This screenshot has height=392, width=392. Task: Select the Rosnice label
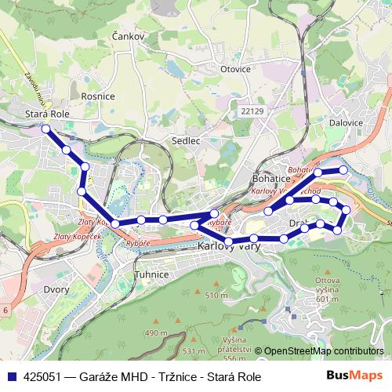coord(98,96)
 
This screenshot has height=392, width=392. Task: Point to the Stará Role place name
coord(48,114)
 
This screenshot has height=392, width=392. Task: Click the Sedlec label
coord(186,141)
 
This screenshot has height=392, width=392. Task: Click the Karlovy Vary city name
coord(227,246)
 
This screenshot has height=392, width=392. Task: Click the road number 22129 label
coord(252,112)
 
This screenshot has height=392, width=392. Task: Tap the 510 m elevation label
coord(216,295)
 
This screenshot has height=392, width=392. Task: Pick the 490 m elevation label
coord(157,333)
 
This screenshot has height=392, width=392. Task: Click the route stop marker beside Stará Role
coord(45,129)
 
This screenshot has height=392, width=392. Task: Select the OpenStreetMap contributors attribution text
coord(323,352)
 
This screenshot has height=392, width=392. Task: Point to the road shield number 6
coord(6,311)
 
